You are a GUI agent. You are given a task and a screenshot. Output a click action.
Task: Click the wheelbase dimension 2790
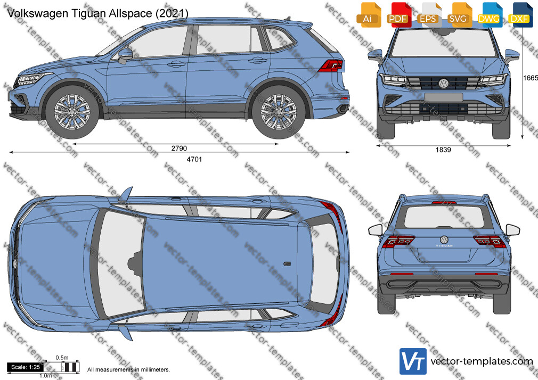pyautogui.click(x=179, y=148)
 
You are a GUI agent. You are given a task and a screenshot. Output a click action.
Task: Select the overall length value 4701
pyautogui.click(x=194, y=159)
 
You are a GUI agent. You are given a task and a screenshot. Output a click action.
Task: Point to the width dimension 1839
pyautogui.click(x=443, y=150)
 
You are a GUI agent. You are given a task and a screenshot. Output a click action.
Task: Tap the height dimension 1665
pyautogui.click(x=530, y=78)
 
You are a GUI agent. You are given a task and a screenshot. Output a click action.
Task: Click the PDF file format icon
pyautogui.click(x=398, y=15)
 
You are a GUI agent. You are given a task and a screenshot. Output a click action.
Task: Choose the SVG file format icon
pyautogui.click(x=459, y=15)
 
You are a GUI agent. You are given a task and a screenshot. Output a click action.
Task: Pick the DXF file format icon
pyautogui.click(x=519, y=15)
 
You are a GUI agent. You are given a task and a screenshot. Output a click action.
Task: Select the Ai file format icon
pyautogui.click(x=368, y=15)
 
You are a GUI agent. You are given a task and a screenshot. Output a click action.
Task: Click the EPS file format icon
pyautogui.click(x=428, y=15)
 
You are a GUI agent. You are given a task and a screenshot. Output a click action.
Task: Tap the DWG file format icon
pyautogui.click(x=488, y=15)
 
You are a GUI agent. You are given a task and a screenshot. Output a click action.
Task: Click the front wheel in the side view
pyautogui.click(x=72, y=112)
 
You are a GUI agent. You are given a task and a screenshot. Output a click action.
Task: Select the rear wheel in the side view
pyautogui.click(x=278, y=112)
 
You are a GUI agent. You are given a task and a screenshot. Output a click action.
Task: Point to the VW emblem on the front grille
pyautogui.click(x=444, y=83)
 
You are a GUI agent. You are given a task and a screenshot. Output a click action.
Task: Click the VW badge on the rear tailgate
pyautogui.click(x=444, y=239)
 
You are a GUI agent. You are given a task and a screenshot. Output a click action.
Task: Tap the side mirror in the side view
pyautogui.click(x=125, y=55)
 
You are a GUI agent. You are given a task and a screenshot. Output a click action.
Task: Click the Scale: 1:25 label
pyautogui.click(x=26, y=367)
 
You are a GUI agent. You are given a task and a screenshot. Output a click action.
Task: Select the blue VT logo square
pyautogui.click(x=413, y=361)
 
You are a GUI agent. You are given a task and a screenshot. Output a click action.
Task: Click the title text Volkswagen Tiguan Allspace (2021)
pyautogui.click(x=97, y=13)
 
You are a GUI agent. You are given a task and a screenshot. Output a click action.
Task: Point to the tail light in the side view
pyautogui.click(x=330, y=65)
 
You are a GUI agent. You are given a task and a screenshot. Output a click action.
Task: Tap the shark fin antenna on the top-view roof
pyautogui.click(x=287, y=264)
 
